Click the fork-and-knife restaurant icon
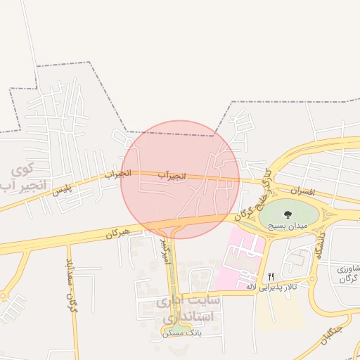click(x=271, y=276)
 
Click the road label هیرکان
click(x=117, y=233)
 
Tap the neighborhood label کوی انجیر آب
click(x=23, y=177)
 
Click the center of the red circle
click(x=180, y=180)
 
